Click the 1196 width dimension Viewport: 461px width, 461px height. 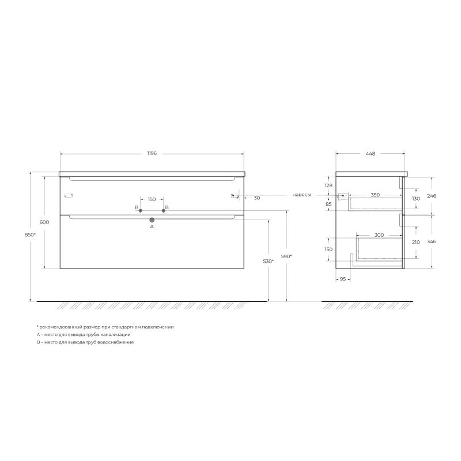[152, 153]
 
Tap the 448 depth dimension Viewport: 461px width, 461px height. [371, 153]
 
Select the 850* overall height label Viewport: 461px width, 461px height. [30, 235]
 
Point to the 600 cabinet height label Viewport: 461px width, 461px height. [44, 222]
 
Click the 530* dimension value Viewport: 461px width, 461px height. [268, 261]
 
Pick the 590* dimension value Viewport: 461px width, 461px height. [286, 256]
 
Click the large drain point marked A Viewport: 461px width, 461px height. [152, 220]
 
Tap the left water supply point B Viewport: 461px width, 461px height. [141, 210]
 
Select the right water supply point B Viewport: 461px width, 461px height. [164, 210]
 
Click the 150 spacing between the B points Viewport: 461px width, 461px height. [152, 199]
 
